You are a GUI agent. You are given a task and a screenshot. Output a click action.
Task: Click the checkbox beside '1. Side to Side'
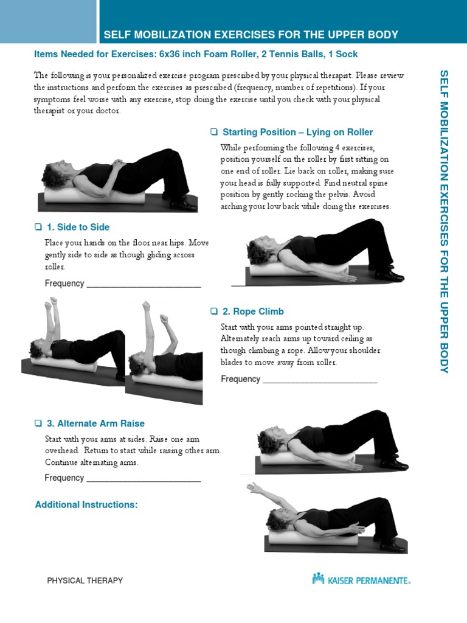point(38,227)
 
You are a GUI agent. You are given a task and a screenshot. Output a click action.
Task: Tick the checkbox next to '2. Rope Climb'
point(214,311)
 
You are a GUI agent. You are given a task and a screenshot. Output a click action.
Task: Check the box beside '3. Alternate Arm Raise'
point(38,423)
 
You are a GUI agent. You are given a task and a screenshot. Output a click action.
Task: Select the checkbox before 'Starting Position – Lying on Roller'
point(214,132)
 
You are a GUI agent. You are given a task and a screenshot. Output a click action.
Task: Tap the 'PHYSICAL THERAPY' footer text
point(85,580)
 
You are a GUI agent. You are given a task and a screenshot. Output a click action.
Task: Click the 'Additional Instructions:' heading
point(86,504)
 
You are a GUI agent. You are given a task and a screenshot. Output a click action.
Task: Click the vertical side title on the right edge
point(444,221)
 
